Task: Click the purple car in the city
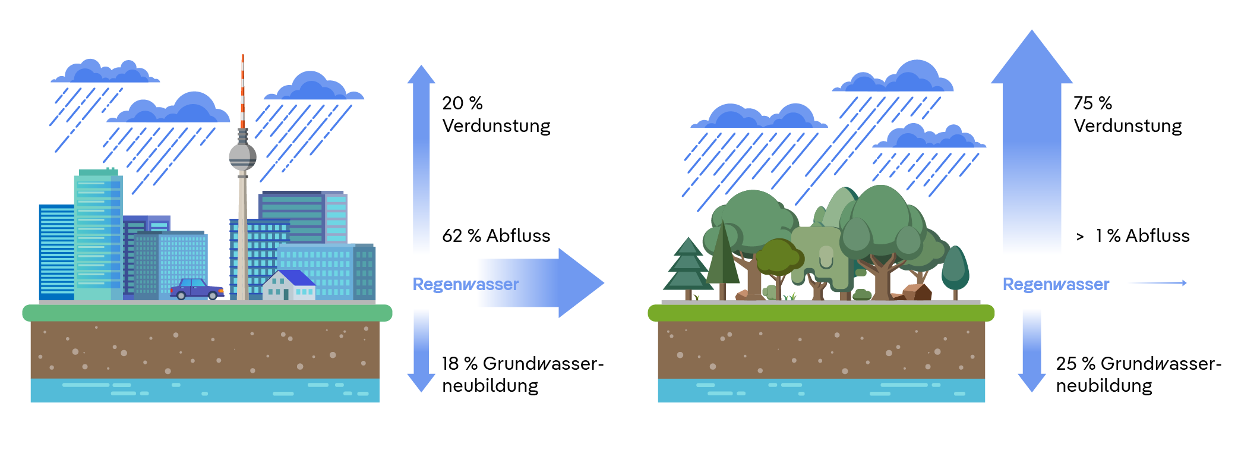click(197, 290)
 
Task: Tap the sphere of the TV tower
click(242, 156)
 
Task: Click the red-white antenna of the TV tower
click(242, 89)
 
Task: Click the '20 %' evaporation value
click(462, 103)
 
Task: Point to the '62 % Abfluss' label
click(496, 236)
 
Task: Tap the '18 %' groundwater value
click(459, 363)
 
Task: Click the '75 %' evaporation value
click(1092, 103)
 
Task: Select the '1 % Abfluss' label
click(1142, 236)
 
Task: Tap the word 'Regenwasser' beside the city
click(466, 284)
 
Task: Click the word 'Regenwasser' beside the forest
click(1056, 284)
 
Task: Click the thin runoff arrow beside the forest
click(1158, 283)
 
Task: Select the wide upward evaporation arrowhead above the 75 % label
click(1032, 59)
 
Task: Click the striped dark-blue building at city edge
click(56, 252)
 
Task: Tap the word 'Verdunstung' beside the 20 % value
click(496, 126)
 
